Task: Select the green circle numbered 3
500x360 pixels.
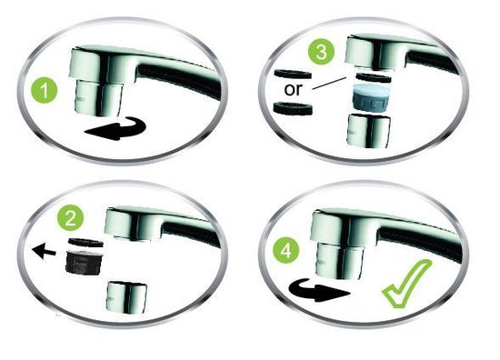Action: pyautogui.click(x=319, y=51)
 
